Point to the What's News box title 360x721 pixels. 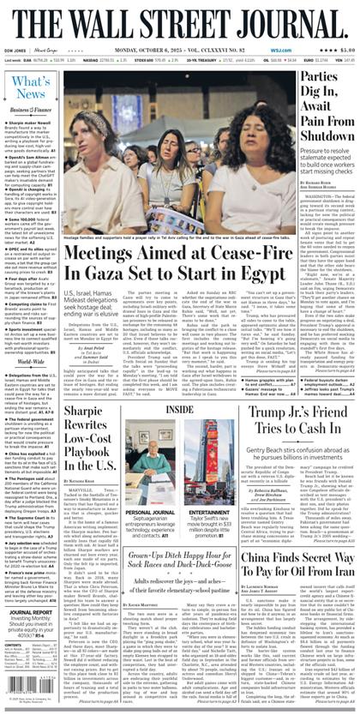[x=29, y=87]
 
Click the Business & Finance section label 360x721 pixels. [x=28, y=111]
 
